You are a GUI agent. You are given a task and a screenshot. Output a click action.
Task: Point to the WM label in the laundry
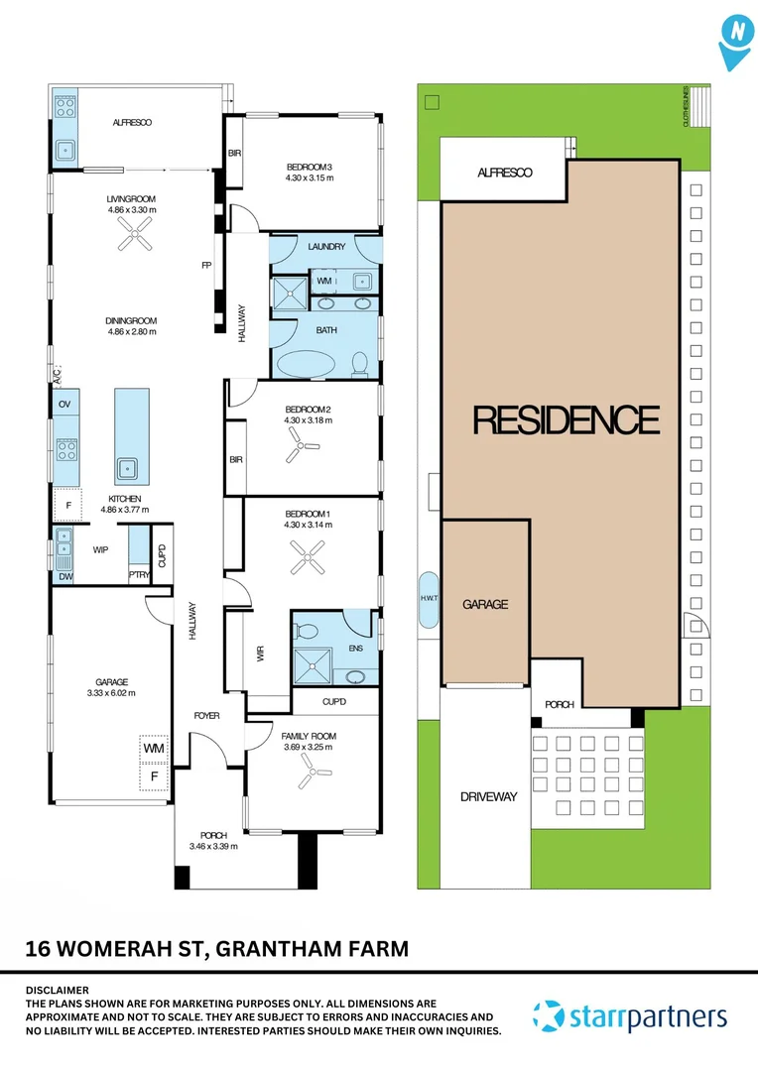(x=324, y=282)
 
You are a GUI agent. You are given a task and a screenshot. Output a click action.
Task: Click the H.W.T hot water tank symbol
(x=429, y=601)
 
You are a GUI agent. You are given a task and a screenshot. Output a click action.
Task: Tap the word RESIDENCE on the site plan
(x=566, y=420)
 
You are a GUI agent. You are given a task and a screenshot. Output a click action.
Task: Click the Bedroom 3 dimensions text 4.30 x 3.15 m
(x=309, y=178)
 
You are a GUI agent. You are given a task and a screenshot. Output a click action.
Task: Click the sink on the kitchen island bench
(x=127, y=467)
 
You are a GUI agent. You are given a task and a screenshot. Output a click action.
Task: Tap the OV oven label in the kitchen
(x=64, y=405)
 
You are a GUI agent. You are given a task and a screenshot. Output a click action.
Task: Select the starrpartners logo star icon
(x=549, y=1016)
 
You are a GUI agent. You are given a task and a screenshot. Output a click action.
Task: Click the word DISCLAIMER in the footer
(x=57, y=990)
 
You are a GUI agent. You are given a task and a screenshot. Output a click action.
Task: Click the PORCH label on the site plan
(x=560, y=705)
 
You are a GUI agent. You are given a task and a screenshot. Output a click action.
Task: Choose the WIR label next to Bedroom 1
(x=261, y=655)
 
